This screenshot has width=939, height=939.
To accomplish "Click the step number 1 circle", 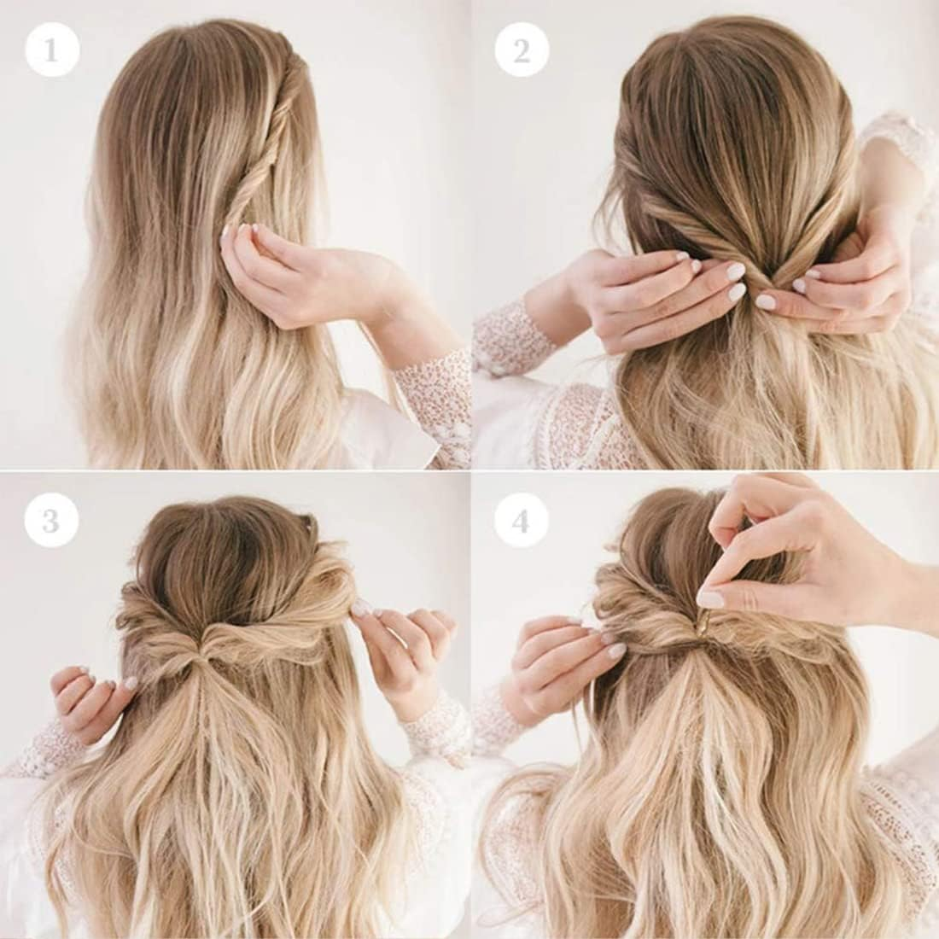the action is click(52, 50).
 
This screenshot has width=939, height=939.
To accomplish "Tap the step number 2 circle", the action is click(522, 50).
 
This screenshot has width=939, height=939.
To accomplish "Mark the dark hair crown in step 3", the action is click(198, 551).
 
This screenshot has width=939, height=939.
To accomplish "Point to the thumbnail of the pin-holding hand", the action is click(713, 598).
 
